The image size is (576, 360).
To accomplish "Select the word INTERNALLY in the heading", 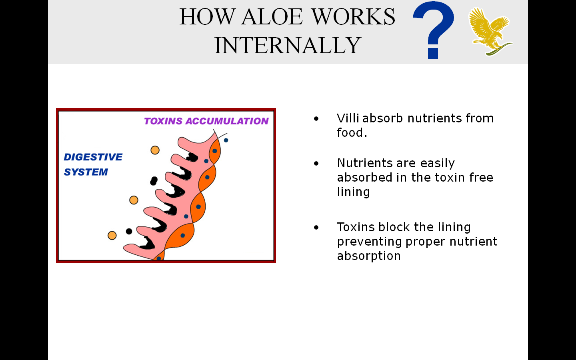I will point(287,45).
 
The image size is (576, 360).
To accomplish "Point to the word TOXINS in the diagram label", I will point(163,121).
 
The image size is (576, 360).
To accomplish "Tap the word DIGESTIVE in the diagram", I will point(93,157).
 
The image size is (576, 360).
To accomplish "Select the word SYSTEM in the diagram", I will point(86,172).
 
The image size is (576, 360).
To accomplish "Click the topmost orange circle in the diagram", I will point(155,150).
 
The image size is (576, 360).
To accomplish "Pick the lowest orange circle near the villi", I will point(112,235).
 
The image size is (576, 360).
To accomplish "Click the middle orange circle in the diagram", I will point(134,200).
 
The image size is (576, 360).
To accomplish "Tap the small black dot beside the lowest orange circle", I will point(129,231).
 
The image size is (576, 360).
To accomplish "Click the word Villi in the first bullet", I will point(348,118).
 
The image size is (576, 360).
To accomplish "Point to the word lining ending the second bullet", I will point(353,192).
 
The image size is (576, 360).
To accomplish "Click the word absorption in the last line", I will point(368,256).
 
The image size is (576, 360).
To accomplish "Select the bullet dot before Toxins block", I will point(316,228).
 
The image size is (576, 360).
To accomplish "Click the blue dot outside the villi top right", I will point(226,140).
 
